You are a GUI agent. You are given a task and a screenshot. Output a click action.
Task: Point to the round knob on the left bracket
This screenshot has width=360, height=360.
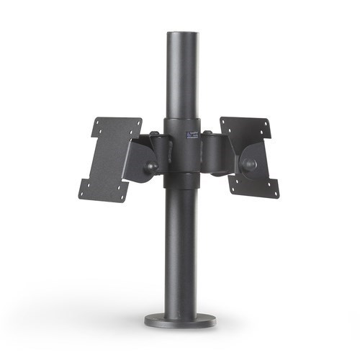tap(151, 167)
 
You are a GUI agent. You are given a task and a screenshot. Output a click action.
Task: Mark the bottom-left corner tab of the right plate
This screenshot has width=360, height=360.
tap(235, 189)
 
